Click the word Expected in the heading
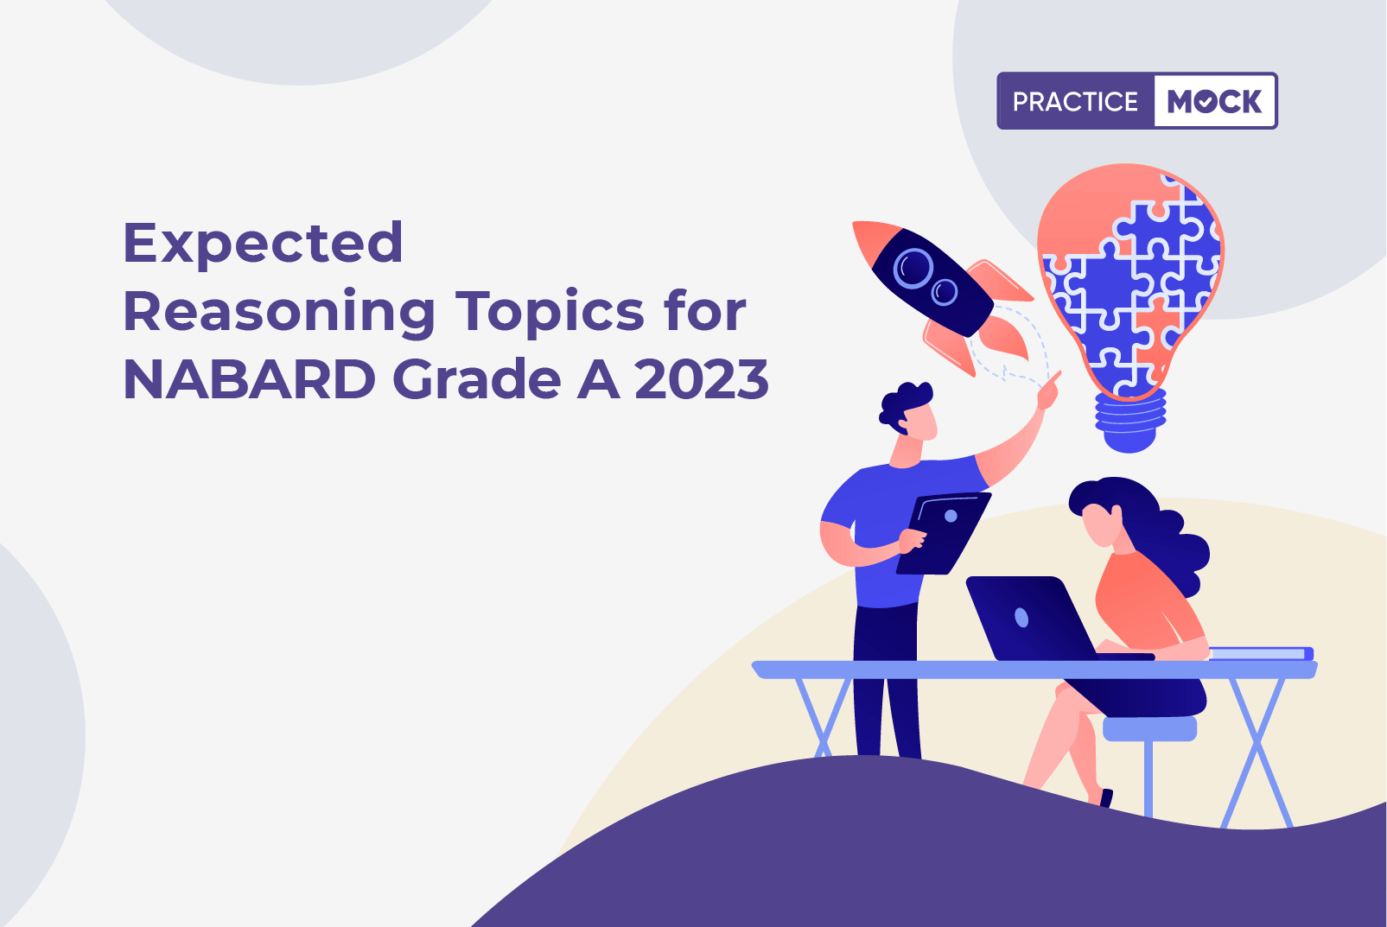[263, 244]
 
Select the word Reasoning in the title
[279, 313]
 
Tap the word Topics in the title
[550, 311]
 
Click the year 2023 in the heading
[701, 379]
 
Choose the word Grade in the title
[476, 379]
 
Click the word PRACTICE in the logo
[1075, 102]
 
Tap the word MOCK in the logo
[1214, 102]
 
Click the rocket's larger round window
[913, 268]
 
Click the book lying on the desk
[1261, 653]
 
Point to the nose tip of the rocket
[859, 228]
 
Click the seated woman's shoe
[1105, 798]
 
